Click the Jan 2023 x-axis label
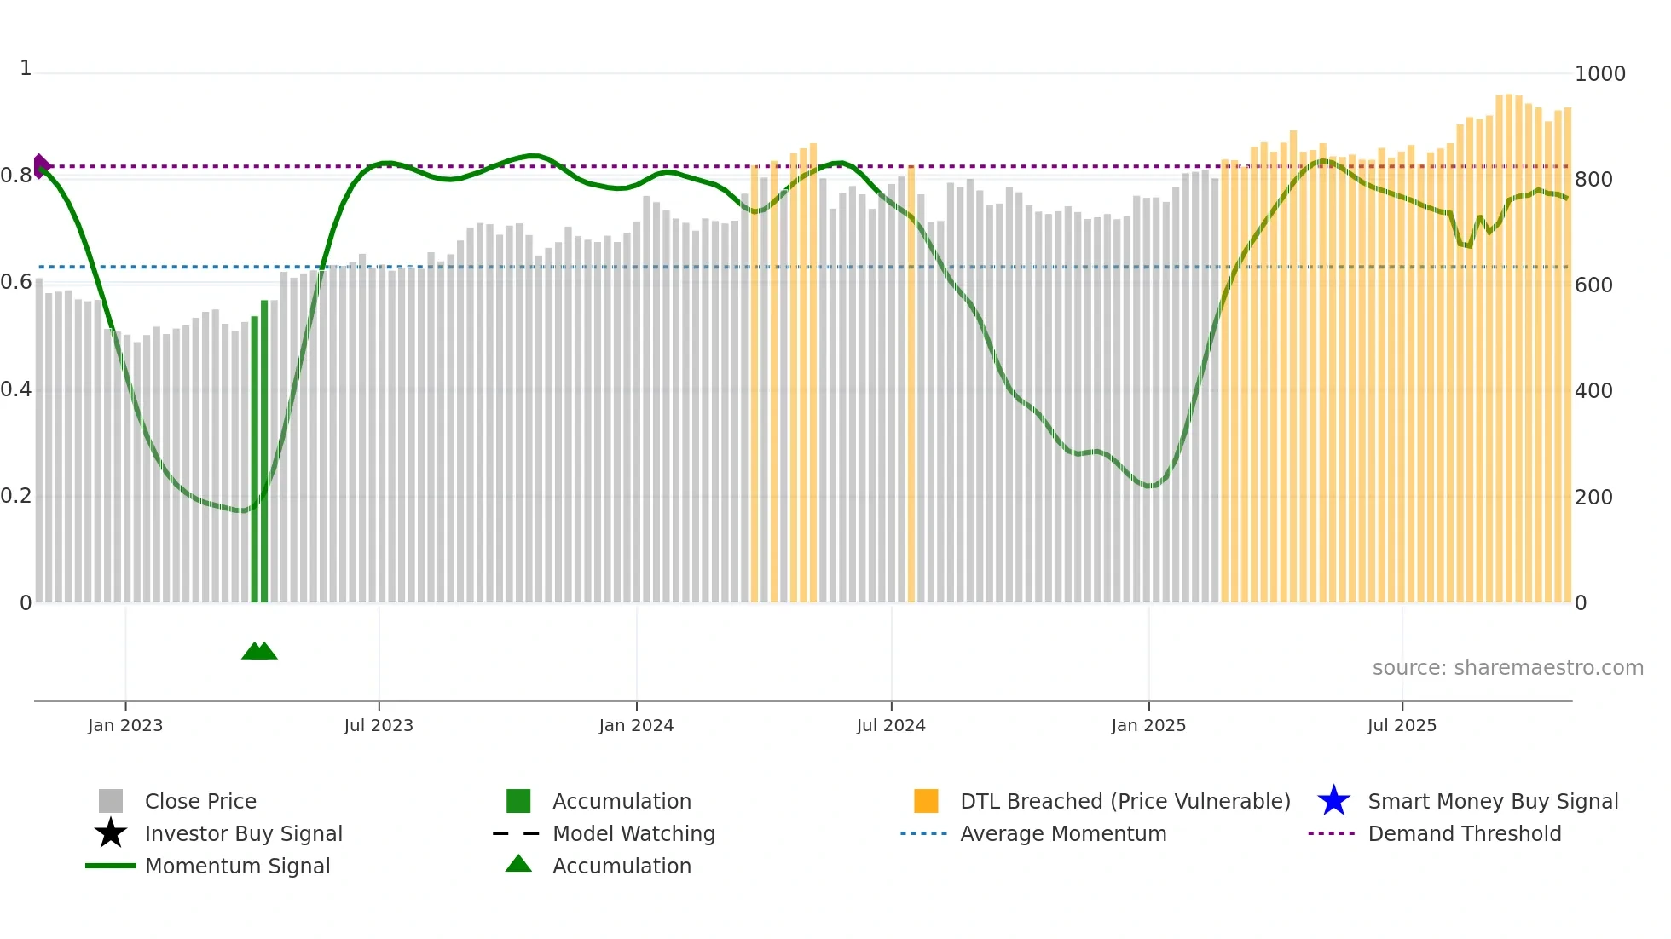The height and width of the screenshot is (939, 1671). coord(125,725)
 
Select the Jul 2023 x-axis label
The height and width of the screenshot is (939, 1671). coord(379,725)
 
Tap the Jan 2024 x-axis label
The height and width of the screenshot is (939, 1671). coord(636,725)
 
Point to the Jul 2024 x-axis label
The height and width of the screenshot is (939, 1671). coord(891,725)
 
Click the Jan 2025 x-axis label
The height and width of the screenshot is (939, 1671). coord(1148,725)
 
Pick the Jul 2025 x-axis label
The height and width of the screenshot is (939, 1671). coord(1402,725)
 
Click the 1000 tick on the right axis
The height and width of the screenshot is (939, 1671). coord(1599,74)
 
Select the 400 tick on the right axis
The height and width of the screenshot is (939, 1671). coord(1593,391)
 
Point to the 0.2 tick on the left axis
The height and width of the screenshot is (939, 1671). coord(16,496)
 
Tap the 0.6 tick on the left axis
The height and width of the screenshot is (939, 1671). coord(16,282)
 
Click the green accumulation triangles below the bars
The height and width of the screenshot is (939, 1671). coord(259,651)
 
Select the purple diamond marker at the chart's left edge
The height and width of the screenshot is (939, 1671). coord(40,166)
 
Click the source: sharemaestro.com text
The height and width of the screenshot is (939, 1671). coord(1507,668)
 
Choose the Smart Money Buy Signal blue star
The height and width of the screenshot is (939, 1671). coord(1333,801)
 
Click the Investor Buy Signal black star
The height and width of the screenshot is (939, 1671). coord(111,833)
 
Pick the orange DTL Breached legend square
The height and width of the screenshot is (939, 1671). coord(926,801)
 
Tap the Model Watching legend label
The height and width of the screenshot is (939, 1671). coord(633,833)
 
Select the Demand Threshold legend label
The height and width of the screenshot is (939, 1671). coord(1464,833)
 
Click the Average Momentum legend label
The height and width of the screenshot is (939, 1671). coord(1063,833)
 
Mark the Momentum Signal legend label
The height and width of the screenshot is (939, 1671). coord(237,866)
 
